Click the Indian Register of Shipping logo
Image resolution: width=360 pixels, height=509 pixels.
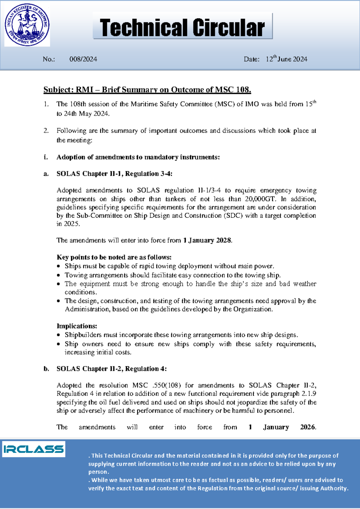(27, 26)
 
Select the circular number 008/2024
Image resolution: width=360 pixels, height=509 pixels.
(83, 59)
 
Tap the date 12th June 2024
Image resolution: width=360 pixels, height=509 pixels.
(286, 59)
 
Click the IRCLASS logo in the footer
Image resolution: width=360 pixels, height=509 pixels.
(34, 449)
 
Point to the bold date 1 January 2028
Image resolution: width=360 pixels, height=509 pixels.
(207, 240)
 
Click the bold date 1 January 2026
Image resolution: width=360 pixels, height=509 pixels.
(282, 427)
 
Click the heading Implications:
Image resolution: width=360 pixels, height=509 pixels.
(77, 326)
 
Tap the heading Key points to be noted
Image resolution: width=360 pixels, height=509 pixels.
(114, 257)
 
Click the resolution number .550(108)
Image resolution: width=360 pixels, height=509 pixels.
(166, 385)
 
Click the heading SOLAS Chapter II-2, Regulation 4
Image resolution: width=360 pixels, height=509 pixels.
(111, 369)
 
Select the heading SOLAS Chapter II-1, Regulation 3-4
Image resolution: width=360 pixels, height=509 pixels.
(114, 174)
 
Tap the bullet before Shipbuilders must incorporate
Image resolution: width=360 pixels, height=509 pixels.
(58, 335)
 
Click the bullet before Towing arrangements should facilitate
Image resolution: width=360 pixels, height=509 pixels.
(58, 276)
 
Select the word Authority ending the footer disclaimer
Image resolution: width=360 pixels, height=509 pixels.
(334, 488)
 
